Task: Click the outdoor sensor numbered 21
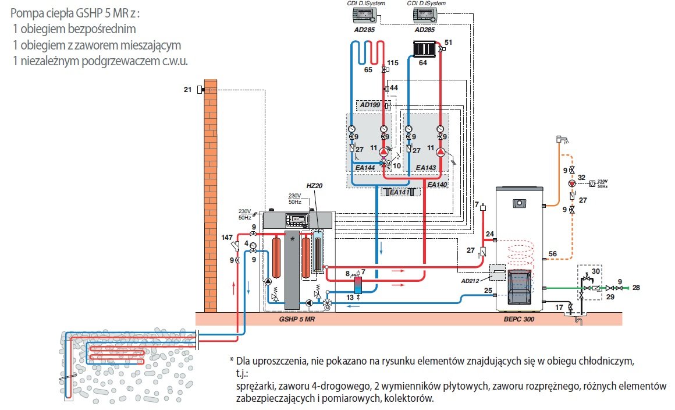pyautogui.click(x=200, y=89)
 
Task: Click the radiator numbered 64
pyautogui.click(x=423, y=47)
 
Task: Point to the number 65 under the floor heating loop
pyautogui.click(x=368, y=69)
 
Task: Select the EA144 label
pyautogui.click(x=365, y=168)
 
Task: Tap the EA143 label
pyautogui.click(x=426, y=168)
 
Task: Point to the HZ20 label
pyautogui.click(x=314, y=185)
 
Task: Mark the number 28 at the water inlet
pyautogui.click(x=637, y=288)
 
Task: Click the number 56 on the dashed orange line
pyautogui.click(x=553, y=253)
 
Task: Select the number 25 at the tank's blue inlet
pyautogui.click(x=489, y=290)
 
